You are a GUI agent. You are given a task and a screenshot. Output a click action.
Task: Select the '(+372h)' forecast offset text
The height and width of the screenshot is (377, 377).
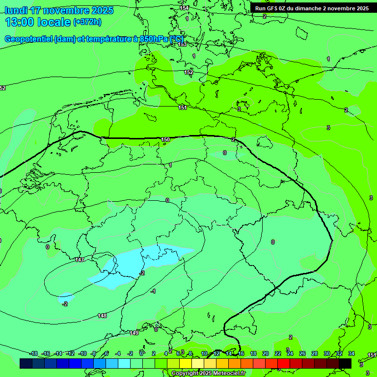click(87, 22)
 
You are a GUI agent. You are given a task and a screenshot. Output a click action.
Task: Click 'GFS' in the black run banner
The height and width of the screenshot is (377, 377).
click(271, 8)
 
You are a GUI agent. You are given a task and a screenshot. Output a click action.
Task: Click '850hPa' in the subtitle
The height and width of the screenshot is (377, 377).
click(154, 39)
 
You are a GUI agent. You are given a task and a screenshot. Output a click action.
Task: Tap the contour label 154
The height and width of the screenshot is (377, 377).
click(184, 8)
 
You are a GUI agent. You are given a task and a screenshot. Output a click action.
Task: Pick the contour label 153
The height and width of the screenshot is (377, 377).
click(182, 44)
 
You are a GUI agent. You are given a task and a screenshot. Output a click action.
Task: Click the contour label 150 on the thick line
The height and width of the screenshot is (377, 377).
click(165, 140)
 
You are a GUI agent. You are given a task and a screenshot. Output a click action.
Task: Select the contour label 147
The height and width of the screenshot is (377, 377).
click(80, 260)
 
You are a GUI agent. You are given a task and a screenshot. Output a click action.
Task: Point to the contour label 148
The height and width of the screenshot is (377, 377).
click(102, 316)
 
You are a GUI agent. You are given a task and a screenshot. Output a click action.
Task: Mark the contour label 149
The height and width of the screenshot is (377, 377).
click(134, 333)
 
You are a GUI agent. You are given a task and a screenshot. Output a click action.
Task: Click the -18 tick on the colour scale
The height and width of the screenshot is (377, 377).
click(34, 353)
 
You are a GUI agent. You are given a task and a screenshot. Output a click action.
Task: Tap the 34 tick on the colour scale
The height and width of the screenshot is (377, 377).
click(351, 353)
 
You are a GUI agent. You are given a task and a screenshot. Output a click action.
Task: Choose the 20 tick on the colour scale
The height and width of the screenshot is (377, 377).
click(266, 353)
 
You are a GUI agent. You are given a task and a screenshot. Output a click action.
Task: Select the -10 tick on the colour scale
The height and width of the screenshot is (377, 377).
click(82, 353)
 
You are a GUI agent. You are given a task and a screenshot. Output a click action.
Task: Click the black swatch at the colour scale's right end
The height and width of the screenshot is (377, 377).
click(345, 363)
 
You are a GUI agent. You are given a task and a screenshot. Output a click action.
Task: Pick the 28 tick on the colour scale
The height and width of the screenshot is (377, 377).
click(315, 353)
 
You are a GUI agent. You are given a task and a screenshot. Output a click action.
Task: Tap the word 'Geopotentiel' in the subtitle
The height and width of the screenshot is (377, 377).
click(28, 39)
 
